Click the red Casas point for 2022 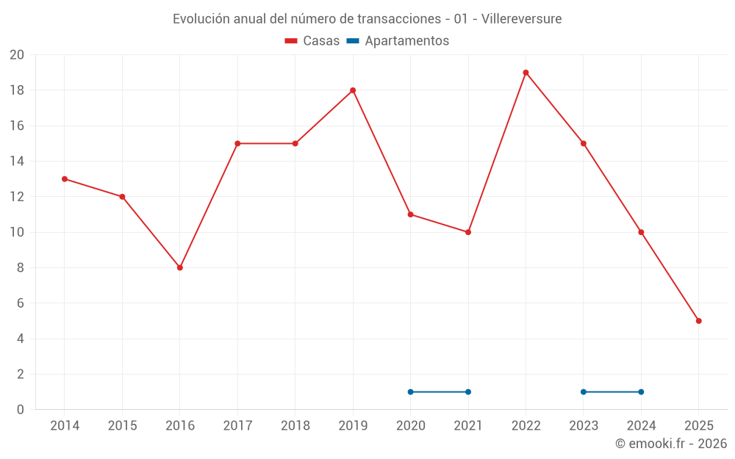coord(526,73)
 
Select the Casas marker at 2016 coord(180,267)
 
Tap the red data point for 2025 coord(698,321)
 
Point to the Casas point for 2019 coord(353,90)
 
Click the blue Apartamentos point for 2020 coord(410,391)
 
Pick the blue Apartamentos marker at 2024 coord(641,391)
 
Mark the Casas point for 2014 coord(65,179)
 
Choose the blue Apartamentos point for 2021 coord(468,391)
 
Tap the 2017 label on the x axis coord(237,426)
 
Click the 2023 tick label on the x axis coord(584,426)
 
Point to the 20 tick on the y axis coord(17,55)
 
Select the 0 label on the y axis coord(21,409)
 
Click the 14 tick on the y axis coord(17,162)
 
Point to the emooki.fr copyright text coord(670,444)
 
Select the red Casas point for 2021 coord(468,232)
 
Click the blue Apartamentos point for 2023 coord(584,391)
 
